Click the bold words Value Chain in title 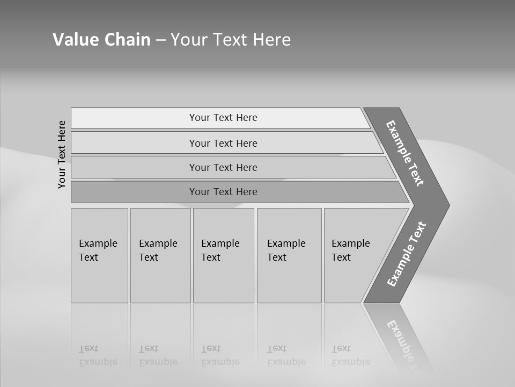coord(101,40)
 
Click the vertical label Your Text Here coord(62,154)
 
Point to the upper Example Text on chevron coord(405,153)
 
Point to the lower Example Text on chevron coord(406,254)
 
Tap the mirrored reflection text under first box coord(98,356)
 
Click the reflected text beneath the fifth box coord(350,356)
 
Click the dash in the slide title coord(160,40)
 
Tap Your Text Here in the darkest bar coord(223,192)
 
